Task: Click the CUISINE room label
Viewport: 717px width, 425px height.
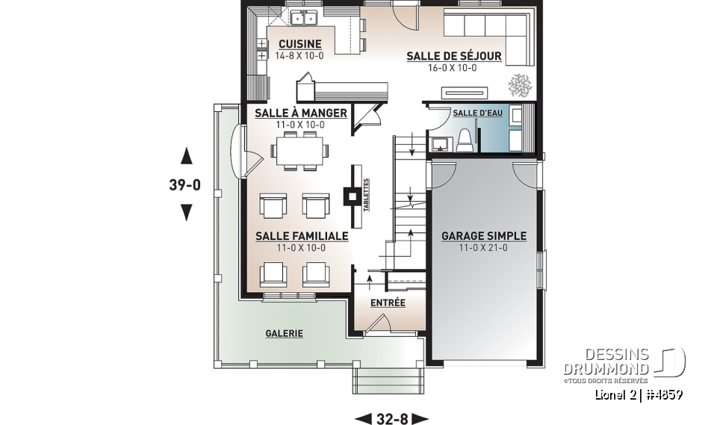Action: coord(299,44)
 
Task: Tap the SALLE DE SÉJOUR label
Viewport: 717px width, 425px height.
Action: coord(453,56)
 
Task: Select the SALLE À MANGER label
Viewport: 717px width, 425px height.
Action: coord(300,113)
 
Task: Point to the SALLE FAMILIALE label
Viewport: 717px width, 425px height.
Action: coord(301,236)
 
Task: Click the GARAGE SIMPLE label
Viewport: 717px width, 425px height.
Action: coord(483,236)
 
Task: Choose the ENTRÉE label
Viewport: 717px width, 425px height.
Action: coord(388,303)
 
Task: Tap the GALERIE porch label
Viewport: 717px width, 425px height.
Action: coord(284,334)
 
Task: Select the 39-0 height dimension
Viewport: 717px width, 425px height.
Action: coord(184,184)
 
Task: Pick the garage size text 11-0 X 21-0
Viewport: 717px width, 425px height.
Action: coord(483,248)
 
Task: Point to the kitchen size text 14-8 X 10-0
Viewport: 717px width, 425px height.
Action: coord(299,56)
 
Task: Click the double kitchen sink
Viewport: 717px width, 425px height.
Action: coord(304,17)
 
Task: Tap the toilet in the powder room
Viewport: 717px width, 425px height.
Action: coord(464,140)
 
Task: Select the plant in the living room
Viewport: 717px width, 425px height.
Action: coord(518,86)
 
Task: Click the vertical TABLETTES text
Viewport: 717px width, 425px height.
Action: coord(366,196)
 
